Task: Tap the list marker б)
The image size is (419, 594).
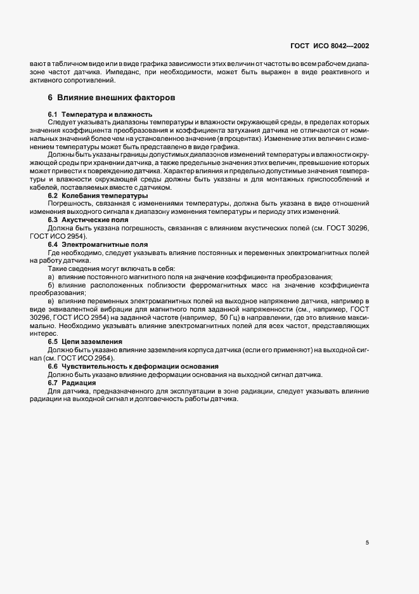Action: [51, 287]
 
